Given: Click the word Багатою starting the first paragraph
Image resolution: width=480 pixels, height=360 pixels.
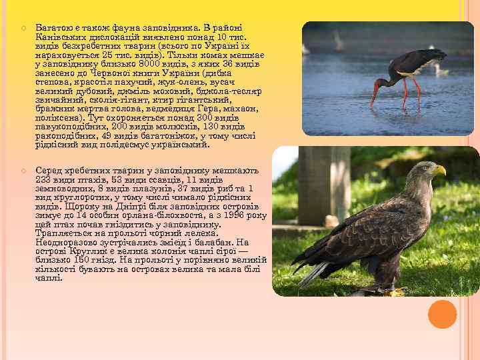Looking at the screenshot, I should (x=54, y=25).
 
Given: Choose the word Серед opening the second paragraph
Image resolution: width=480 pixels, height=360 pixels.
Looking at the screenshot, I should (x=49, y=170).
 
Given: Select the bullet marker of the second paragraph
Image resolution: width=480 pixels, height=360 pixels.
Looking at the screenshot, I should (x=23, y=171).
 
